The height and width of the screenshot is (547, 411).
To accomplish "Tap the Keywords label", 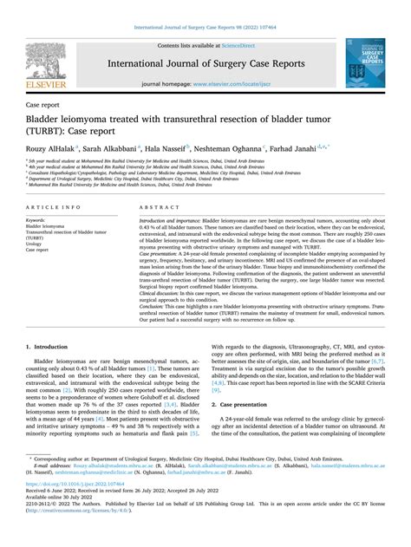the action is [37, 220].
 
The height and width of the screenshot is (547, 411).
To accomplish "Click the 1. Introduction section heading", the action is [49, 346].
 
